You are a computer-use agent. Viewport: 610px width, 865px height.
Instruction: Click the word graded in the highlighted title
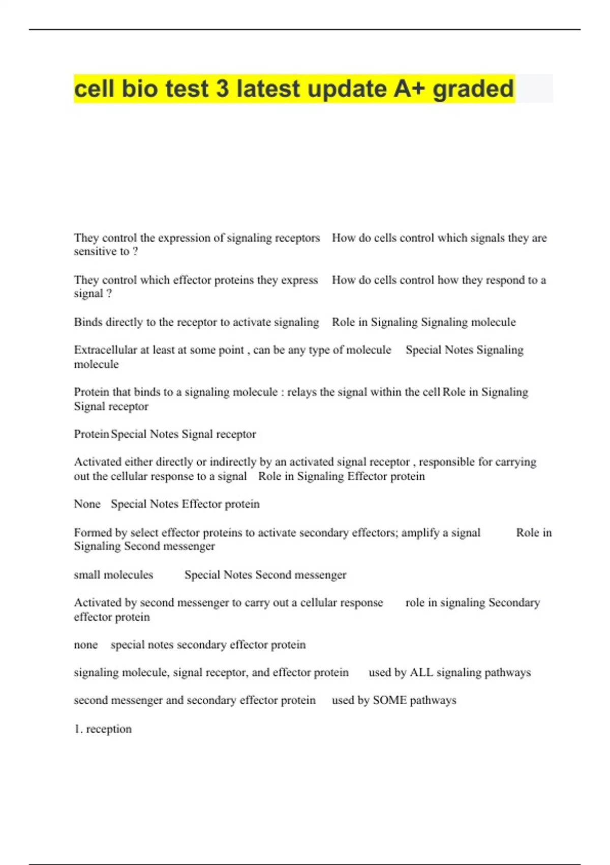coord(473,89)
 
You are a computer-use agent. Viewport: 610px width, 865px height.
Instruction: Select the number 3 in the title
coord(222,89)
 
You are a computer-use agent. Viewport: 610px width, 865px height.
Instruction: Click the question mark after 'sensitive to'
coord(135,251)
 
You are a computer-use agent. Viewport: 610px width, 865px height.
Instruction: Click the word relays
coord(302,392)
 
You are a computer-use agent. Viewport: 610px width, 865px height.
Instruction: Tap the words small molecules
coord(113,575)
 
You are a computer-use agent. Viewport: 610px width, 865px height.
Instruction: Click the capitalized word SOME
coord(389,701)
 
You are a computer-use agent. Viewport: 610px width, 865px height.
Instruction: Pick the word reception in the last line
coord(109,729)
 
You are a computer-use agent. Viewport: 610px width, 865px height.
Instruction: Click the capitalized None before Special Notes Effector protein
coord(87,504)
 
